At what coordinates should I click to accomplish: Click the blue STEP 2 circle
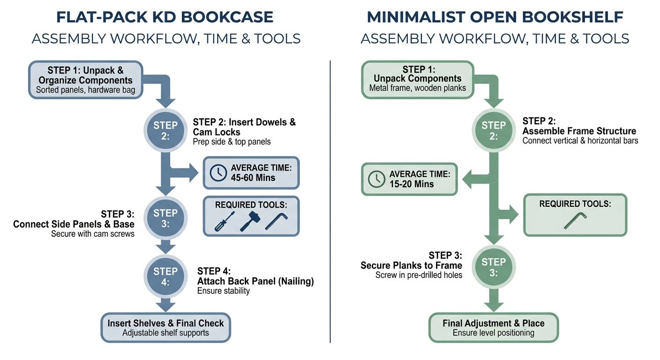(x=165, y=130)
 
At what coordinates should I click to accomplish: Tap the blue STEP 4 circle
(x=165, y=277)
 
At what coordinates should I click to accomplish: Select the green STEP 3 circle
(x=494, y=267)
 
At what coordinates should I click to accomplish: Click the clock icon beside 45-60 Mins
(x=218, y=172)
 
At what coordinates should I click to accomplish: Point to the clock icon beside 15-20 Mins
(x=376, y=179)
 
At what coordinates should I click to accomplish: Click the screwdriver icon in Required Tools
(x=225, y=221)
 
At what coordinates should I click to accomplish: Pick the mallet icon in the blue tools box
(x=249, y=221)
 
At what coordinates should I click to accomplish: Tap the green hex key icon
(x=575, y=221)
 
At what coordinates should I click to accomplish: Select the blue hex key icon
(x=276, y=221)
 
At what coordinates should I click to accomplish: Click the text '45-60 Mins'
(x=253, y=178)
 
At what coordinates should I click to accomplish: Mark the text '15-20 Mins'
(x=412, y=184)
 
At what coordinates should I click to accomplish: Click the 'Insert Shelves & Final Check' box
(x=165, y=328)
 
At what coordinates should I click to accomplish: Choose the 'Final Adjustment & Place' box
(x=494, y=328)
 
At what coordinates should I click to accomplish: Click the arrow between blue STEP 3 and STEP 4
(x=165, y=247)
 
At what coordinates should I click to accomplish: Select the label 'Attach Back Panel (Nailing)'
(x=255, y=281)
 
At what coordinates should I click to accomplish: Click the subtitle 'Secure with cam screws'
(x=92, y=234)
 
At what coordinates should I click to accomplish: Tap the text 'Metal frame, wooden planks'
(x=418, y=88)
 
